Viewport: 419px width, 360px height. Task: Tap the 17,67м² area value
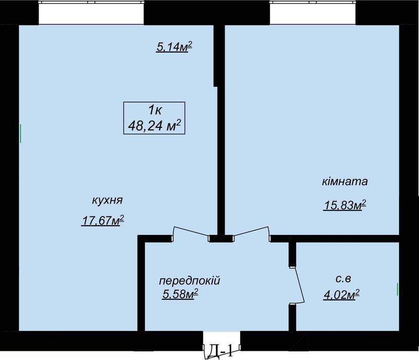pos(103,221)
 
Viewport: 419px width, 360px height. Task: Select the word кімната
pos(345,182)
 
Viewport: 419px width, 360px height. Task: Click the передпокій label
pos(189,281)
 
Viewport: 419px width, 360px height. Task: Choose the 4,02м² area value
pos(340,295)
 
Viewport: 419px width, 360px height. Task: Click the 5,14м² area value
pos(174,47)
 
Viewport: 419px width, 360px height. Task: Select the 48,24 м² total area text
pos(154,125)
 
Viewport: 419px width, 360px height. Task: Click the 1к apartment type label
pos(154,110)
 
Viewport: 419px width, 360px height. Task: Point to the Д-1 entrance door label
pos(221,352)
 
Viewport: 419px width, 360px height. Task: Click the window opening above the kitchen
pos(91,12)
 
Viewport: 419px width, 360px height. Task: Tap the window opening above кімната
pos(313,12)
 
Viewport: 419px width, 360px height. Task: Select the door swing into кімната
pos(252,232)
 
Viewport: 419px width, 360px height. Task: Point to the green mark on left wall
pos(20,133)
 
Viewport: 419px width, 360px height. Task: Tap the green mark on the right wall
pos(398,289)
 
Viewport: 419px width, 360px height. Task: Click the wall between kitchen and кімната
pos(220,129)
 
